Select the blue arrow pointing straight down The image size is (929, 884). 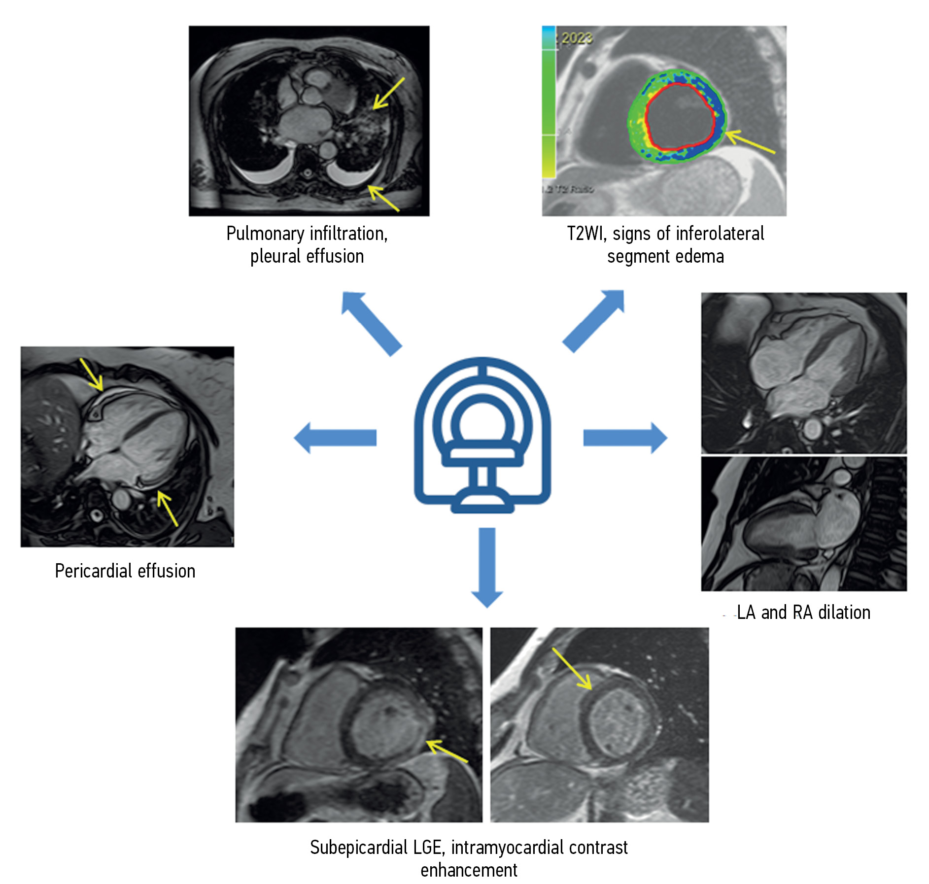coord(487,567)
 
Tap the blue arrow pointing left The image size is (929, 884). coord(335,437)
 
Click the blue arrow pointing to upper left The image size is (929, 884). coord(371,322)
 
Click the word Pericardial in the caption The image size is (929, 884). coord(93,571)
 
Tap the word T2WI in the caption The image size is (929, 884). coord(585,234)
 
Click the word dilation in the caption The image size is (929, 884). coord(844,612)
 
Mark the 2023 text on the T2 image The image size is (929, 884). coord(577,38)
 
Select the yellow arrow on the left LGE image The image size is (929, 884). coord(446,751)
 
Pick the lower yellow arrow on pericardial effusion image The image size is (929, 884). coord(168,508)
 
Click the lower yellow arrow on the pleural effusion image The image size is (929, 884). coord(383,198)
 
